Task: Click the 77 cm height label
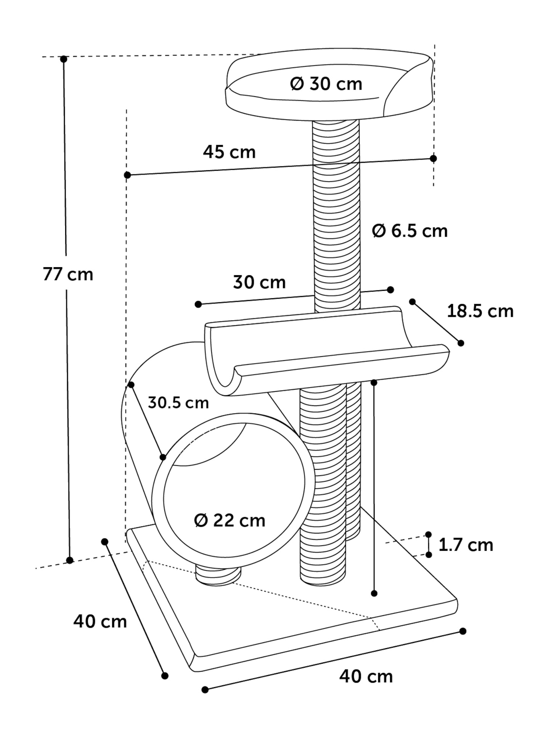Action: (x=68, y=274)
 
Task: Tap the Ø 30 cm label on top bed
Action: (x=326, y=84)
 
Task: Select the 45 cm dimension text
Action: (x=229, y=152)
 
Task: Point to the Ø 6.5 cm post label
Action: (x=410, y=231)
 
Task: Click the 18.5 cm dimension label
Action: (x=480, y=311)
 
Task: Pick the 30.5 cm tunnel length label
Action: (x=178, y=403)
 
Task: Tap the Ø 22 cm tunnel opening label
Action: (x=230, y=520)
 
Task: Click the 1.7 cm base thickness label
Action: (x=466, y=545)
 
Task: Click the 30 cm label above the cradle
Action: (x=259, y=282)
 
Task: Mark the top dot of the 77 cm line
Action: (x=64, y=59)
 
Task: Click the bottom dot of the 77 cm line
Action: (x=70, y=560)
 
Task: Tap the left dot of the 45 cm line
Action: (x=128, y=175)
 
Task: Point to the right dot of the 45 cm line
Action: (x=433, y=158)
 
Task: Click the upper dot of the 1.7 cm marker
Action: (x=429, y=534)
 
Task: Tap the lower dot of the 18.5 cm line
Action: (x=461, y=343)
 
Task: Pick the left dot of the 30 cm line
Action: (x=198, y=304)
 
